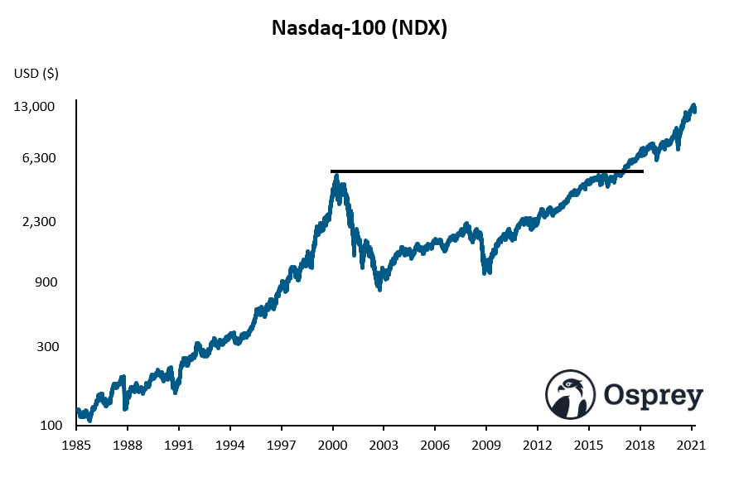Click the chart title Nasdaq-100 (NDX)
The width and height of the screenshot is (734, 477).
click(x=360, y=29)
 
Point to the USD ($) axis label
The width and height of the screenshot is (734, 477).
click(x=36, y=74)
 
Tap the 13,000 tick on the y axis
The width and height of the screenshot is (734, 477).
click(x=36, y=107)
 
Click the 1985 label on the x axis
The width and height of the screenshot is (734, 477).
click(x=76, y=446)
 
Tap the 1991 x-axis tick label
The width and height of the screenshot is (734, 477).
click(x=179, y=446)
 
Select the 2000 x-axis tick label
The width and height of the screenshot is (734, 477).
click(x=332, y=446)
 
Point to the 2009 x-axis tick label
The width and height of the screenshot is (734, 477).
click(x=486, y=446)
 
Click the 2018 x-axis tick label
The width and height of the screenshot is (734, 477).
click(x=640, y=446)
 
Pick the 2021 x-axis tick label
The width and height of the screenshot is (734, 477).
click(x=691, y=446)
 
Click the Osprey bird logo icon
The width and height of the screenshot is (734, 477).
click(x=571, y=394)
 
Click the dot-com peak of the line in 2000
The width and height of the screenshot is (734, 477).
click(x=336, y=176)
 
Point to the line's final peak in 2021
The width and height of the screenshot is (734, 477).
click(x=694, y=106)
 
